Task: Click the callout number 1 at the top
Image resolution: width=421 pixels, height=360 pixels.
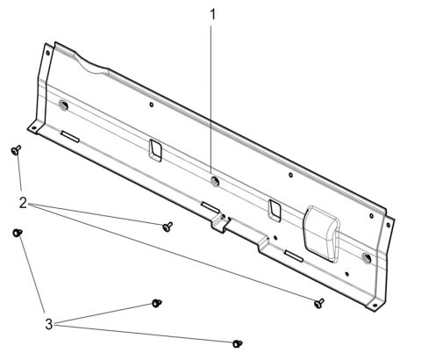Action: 211,14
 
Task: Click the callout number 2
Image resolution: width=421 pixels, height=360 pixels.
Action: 23,202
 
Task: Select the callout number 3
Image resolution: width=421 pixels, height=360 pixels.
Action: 50,323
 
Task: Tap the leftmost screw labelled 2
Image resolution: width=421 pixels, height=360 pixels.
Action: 16,151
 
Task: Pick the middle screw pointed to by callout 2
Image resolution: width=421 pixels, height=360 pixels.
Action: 166,227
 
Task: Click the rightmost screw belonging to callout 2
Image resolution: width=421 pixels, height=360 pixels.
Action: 319,302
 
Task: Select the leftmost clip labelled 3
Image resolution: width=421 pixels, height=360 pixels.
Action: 17,233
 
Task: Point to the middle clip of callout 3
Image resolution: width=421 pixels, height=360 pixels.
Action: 158,303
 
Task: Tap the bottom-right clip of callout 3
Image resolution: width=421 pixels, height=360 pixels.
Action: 237,342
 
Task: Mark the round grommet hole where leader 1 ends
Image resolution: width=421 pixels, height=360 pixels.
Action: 214,182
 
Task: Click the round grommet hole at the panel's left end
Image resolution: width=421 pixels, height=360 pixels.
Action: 64,106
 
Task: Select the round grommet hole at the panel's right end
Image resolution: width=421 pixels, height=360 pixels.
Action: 367,257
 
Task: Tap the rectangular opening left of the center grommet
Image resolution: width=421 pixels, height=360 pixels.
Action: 155,151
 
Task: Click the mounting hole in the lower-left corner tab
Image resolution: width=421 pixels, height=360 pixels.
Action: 33,128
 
